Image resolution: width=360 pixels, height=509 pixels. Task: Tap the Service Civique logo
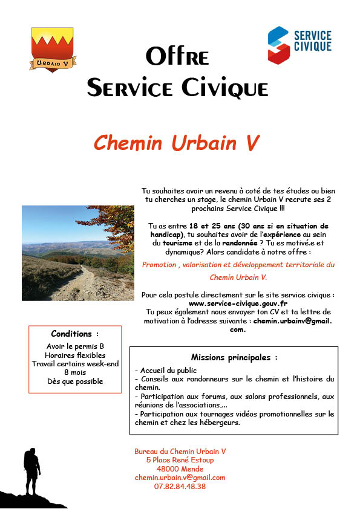299,44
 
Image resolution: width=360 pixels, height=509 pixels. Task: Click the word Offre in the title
177,57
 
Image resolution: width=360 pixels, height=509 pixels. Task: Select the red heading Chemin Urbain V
177,142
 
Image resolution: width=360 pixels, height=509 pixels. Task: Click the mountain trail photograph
78,253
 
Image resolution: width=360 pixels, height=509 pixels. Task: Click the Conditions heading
74,334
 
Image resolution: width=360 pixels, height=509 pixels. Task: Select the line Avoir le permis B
75,346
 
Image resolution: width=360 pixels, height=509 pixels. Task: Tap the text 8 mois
75,372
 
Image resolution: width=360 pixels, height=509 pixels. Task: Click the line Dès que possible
75,381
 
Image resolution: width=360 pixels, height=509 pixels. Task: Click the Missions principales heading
234,357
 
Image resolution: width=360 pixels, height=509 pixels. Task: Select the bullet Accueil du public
166,370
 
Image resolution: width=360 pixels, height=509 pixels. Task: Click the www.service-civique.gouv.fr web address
238,303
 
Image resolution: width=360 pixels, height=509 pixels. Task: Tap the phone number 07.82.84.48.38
180,486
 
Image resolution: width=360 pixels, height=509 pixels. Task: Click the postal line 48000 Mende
180,469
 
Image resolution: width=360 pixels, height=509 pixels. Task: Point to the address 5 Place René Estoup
180,460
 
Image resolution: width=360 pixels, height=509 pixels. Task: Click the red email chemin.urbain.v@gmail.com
180,478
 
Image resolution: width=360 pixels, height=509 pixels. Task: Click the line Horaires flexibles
75,355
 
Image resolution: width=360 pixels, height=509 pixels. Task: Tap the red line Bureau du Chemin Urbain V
180,452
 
